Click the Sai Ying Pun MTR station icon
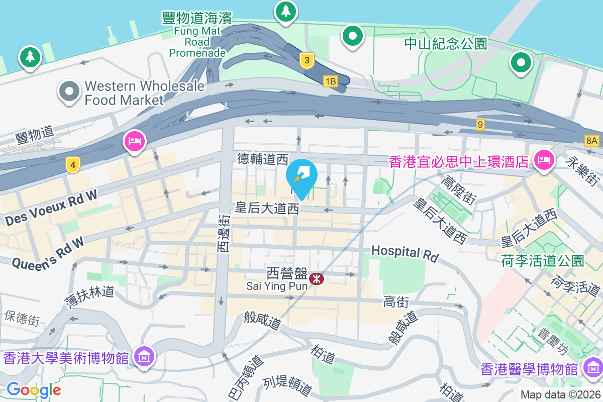pos(317,278)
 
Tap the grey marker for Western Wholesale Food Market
pos(69,91)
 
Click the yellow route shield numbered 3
pos(307,60)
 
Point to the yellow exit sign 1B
pos(330,81)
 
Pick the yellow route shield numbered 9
pos(481,124)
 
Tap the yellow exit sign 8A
pos(592,141)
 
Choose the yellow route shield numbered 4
pos(73,165)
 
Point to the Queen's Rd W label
pos(48,254)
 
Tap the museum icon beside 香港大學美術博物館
pos(144,357)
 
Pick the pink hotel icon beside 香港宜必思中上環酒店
pos(544,160)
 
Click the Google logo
pos(34,389)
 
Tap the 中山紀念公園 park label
pos(446,44)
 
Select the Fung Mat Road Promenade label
pos(197,35)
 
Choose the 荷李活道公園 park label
pos(543,260)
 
